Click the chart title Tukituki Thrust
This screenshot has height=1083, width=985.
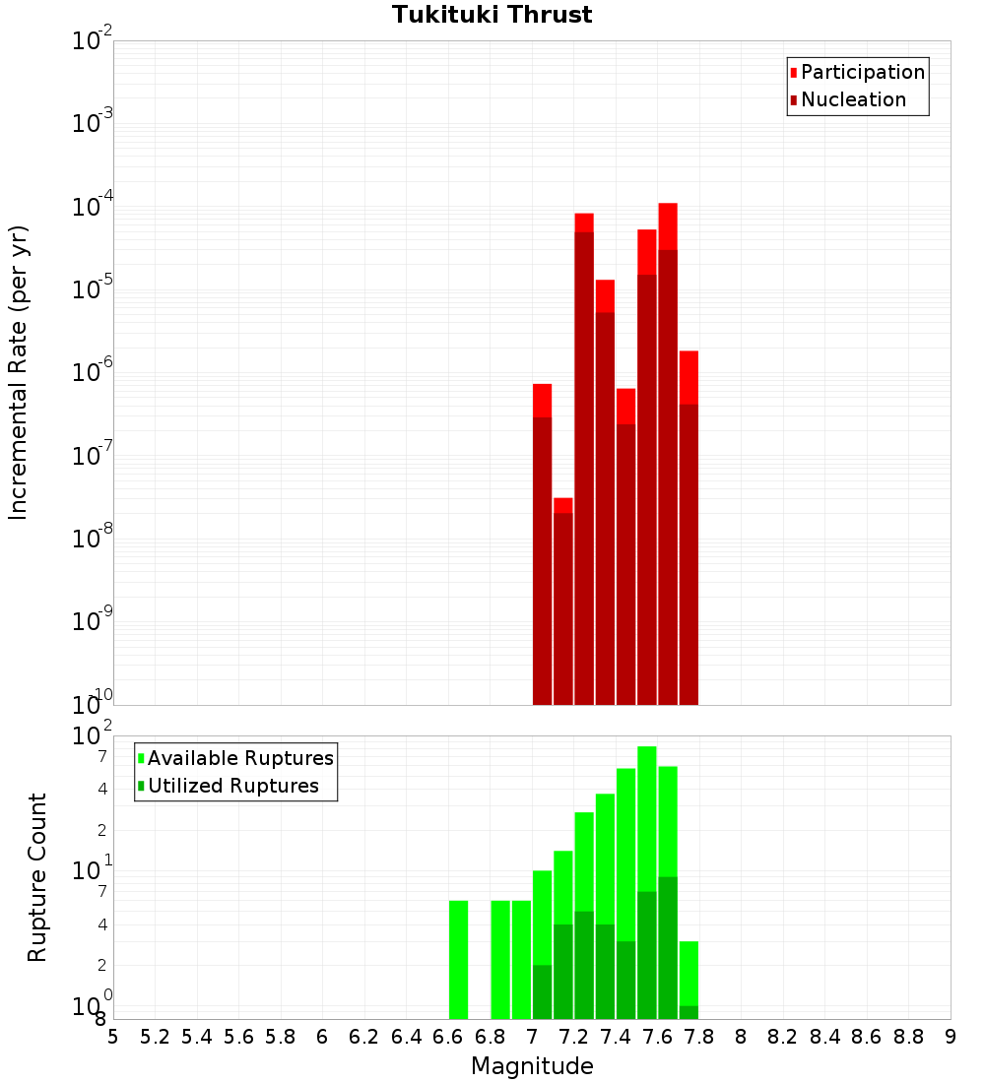pos(492,15)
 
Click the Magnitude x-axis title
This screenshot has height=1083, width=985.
pos(532,1066)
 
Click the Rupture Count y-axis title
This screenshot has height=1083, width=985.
pos(37,877)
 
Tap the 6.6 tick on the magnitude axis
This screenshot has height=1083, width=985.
pos(448,1037)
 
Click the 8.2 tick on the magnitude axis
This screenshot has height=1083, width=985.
pos(783,1037)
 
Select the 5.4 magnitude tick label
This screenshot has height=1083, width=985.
pos(197,1037)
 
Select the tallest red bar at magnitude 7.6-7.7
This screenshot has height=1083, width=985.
pos(668,453)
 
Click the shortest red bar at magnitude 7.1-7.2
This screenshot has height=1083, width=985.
pos(563,601)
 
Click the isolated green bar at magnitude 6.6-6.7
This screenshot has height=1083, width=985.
pos(458,959)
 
